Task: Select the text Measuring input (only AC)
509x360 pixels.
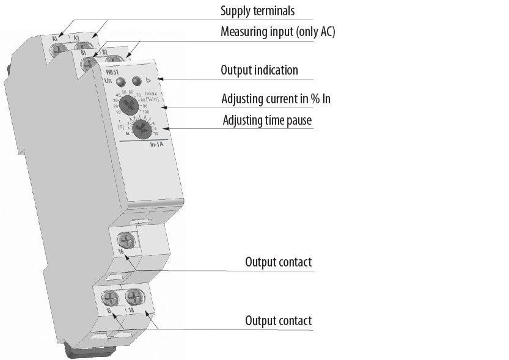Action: pos(277,32)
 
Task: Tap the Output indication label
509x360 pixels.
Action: pos(259,70)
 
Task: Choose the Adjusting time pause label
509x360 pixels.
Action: pos(266,120)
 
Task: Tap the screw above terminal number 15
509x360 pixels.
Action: pos(111,299)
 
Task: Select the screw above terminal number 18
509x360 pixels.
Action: pos(133,299)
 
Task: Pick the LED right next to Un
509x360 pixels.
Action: pos(122,81)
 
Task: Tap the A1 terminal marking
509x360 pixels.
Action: pos(55,39)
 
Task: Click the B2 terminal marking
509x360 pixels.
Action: pos(104,52)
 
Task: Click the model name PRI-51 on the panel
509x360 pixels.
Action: pos(112,72)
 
